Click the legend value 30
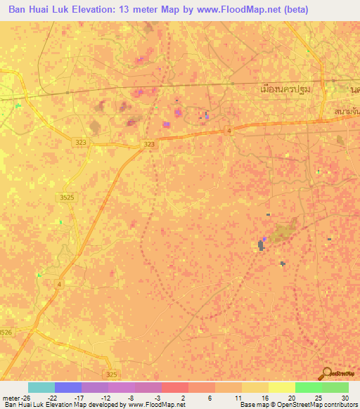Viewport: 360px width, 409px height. tap(345, 396)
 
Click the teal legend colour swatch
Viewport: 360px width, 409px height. tap(41, 387)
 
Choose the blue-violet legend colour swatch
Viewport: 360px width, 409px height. tap(68, 387)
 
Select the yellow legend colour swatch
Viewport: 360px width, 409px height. tap(282, 387)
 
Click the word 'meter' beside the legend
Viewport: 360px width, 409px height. tap(10, 396)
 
